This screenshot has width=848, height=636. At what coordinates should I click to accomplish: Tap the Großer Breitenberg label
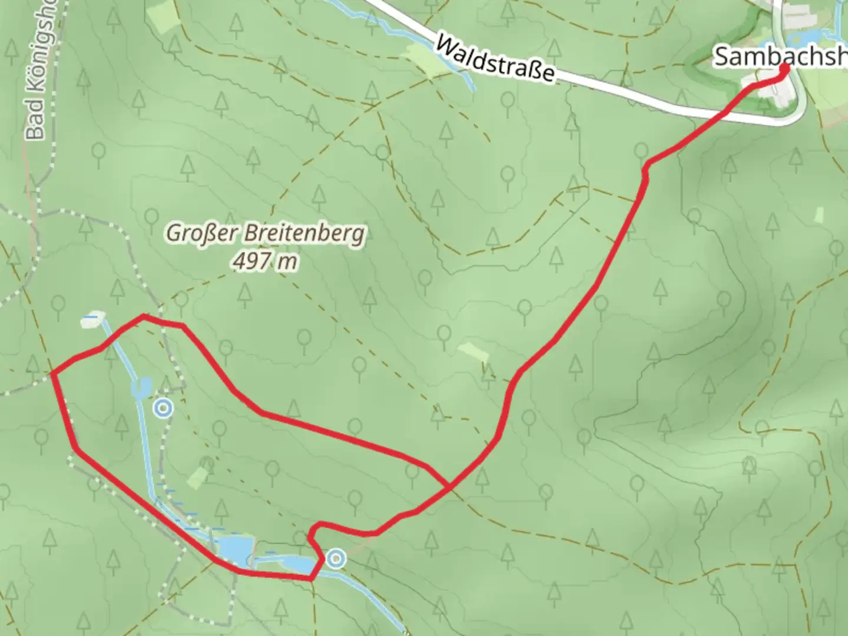tap(265, 234)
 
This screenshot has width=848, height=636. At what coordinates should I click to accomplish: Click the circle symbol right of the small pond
tap(163, 408)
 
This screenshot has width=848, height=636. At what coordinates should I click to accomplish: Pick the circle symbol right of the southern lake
tap(336, 558)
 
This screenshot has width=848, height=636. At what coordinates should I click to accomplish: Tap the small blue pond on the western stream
tap(142, 387)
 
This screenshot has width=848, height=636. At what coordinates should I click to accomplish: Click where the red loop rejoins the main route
tap(449, 487)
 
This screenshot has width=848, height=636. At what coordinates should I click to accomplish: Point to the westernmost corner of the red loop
tap(52, 373)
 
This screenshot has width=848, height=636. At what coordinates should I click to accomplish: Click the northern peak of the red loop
tap(144, 317)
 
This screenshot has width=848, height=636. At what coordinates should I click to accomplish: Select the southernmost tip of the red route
tap(310, 579)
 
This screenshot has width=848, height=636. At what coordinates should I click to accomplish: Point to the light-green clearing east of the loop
tap(473, 352)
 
